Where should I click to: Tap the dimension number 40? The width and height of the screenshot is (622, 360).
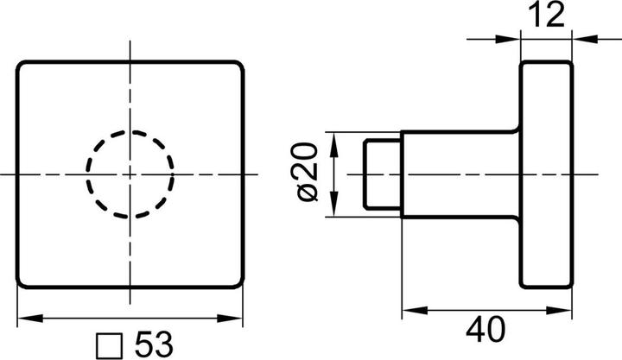[x=486, y=328]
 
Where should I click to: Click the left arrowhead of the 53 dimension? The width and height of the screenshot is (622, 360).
[x=26, y=318]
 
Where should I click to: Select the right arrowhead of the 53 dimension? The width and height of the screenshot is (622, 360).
[x=234, y=318]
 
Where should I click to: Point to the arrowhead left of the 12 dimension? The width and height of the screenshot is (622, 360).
[x=511, y=37]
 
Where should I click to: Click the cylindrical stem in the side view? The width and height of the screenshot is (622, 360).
[x=458, y=174]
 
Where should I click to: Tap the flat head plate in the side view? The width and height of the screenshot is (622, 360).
[x=545, y=174]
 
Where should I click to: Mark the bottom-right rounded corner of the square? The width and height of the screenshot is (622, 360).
[x=238, y=284]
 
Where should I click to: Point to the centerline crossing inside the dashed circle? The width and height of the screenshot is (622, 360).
[x=130, y=174]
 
